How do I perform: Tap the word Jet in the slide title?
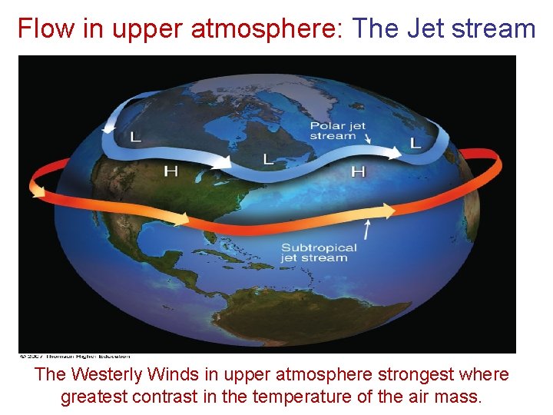click(426, 28)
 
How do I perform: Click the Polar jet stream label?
click(338, 131)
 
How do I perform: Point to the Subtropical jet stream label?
click(319, 253)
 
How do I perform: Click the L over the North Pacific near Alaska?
click(136, 138)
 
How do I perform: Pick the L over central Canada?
click(268, 159)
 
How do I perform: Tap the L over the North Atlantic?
click(416, 143)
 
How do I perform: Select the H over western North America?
click(171, 171)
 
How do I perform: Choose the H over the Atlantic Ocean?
click(358, 171)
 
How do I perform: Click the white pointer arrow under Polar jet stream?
click(368, 138)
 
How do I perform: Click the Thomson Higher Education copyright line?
click(75, 356)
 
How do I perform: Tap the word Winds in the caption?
click(171, 374)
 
